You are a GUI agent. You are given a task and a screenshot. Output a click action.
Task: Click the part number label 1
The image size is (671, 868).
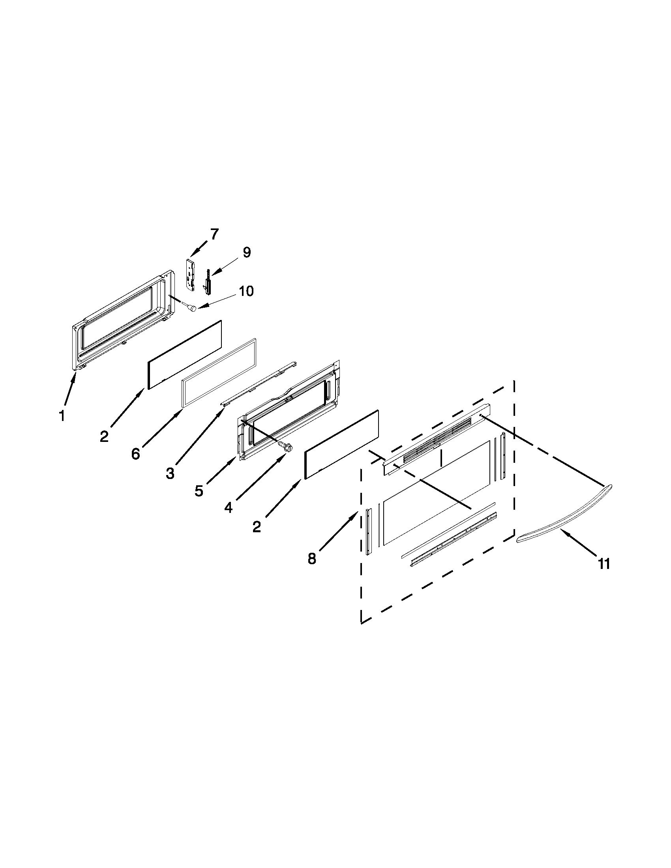[61, 416]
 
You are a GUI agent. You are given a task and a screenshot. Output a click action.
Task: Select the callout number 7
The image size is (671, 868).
[214, 234]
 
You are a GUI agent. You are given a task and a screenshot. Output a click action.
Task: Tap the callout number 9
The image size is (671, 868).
[246, 252]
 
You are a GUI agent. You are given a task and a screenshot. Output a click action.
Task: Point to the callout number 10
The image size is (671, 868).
[246, 291]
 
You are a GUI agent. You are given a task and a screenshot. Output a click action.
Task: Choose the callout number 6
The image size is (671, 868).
[135, 453]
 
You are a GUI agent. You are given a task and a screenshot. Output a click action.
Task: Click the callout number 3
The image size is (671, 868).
[170, 473]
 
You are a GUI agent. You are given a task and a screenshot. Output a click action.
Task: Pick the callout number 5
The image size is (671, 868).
[199, 491]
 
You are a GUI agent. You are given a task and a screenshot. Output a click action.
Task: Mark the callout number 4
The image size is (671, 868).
[228, 507]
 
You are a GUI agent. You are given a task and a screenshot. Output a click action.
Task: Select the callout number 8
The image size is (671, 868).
[312, 558]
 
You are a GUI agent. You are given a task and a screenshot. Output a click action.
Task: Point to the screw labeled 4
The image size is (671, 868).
[288, 447]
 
